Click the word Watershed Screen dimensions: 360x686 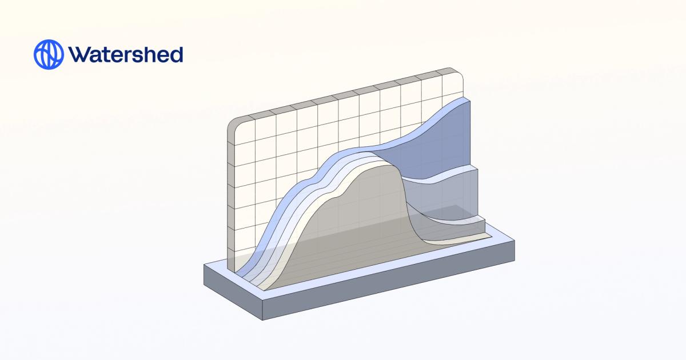pos(125,54)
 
